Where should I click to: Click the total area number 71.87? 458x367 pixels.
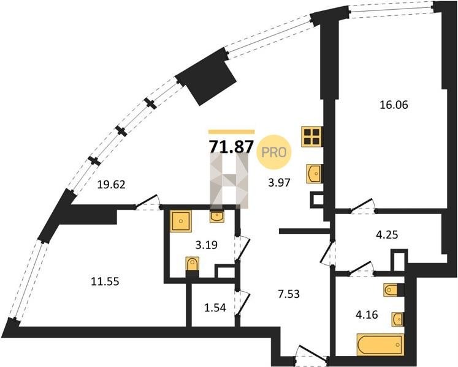coord(231,146)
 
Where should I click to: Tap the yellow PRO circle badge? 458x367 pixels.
coord(274,152)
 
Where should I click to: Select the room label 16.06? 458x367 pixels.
coord(394,105)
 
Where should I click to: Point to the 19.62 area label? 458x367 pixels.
coord(112,185)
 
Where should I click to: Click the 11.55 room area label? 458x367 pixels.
coord(105,281)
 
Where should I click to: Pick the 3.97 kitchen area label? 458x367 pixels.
coord(279,183)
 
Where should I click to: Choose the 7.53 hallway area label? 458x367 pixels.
coord(289,294)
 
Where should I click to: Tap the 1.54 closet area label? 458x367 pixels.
coord(215,308)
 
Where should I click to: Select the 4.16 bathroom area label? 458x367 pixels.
coord(367,315)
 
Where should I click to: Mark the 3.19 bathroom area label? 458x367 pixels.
coord(206,245)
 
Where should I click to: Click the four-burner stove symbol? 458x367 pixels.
coord(312,136)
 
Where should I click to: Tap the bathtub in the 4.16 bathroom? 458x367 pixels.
coord(380,344)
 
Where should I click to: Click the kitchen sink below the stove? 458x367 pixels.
coord(314,174)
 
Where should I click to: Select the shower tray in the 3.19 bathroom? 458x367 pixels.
coord(181,221)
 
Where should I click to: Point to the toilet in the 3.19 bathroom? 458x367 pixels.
coord(193,267)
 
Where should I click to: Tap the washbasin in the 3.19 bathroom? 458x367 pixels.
coord(217,216)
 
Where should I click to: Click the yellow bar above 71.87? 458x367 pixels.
coord(231,132)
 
